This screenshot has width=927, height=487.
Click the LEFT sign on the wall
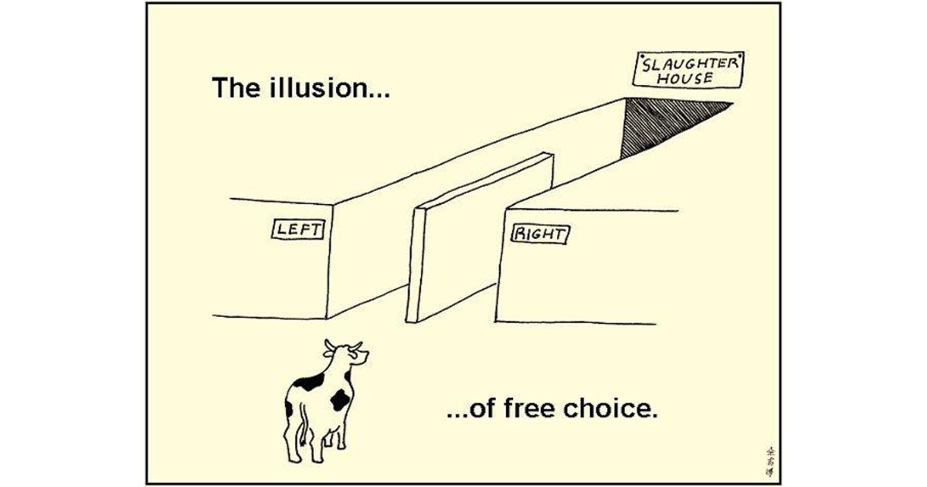pyautogui.click(x=298, y=228)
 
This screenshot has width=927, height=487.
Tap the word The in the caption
pyautogui.click(x=234, y=88)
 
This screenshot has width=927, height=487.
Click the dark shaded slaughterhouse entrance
pyautogui.click(x=664, y=122)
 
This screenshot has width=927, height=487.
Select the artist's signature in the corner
pyautogui.click(x=768, y=459)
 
